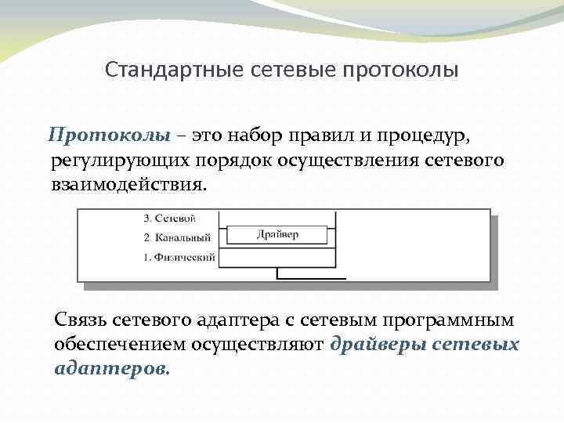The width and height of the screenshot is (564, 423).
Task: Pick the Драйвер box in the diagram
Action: (x=277, y=234)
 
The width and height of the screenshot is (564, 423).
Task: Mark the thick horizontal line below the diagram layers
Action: (x=311, y=278)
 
